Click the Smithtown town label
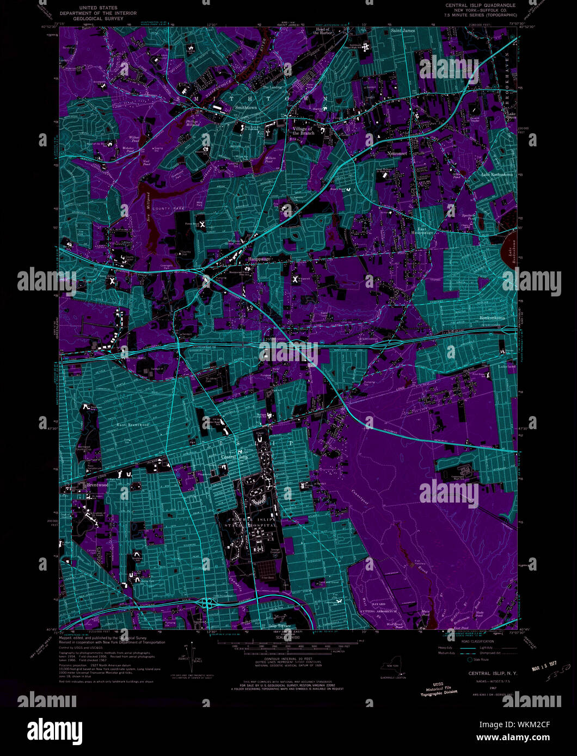coord(245,108)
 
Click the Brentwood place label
coord(97,484)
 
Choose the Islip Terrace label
coord(280,626)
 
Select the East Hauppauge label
coord(422,231)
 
